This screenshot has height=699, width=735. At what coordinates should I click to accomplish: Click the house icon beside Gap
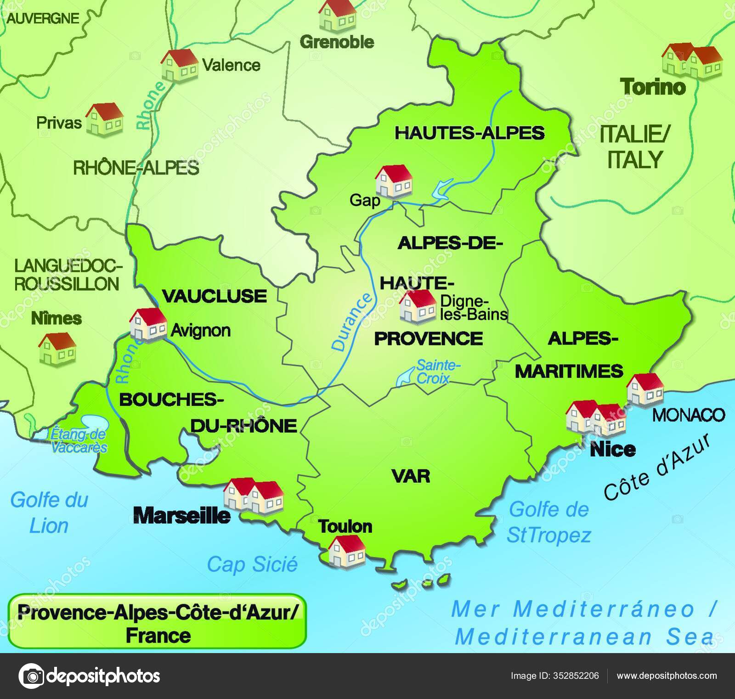coord(394,181)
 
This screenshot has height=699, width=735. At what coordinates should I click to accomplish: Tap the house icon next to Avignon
coord(148,324)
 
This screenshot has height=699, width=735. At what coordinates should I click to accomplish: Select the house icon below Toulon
coord(346,551)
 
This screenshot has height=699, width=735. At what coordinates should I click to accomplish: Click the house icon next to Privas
coord(104,118)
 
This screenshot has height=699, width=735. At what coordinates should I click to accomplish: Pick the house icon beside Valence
coord(179,65)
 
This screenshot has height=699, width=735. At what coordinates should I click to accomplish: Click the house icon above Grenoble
coord(337,15)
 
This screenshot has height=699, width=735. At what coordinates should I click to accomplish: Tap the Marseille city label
coord(182,515)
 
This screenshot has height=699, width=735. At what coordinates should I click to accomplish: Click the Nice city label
coord(613,449)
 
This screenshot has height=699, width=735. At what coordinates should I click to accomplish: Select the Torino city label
coord(653,86)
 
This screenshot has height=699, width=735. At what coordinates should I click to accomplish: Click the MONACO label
coord(689,415)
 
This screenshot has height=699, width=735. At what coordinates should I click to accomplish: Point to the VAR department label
coord(411,476)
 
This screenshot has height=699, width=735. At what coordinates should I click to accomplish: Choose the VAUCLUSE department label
coord(215,296)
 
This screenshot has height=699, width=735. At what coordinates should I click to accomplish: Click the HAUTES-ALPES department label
coord(469,133)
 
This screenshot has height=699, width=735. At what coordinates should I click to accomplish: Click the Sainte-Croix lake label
coord(437,372)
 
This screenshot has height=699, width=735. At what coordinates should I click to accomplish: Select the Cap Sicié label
coord(252,564)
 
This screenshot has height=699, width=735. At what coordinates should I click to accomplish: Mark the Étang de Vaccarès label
coord(79,440)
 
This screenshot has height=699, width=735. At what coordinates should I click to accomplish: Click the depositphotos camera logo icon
coord(31,676)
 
